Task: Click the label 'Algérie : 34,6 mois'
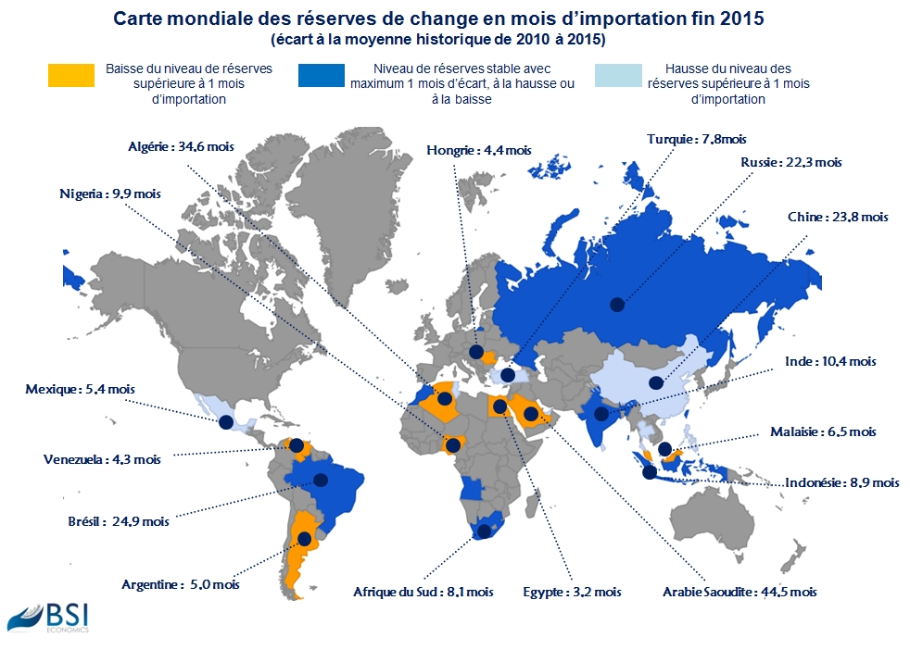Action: tap(181, 146)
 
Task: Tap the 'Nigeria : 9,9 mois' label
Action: tap(110, 194)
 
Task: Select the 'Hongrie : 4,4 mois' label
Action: tap(479, 151)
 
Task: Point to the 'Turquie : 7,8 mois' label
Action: tap(697, 139)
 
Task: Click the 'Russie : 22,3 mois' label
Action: tap(791, 162)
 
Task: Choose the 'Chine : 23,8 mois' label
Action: tap(838, 217)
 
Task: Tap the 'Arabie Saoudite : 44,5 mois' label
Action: tap(740, 592)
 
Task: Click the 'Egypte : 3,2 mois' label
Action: tap(573, 592)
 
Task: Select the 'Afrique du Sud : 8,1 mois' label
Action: tap(423, 592)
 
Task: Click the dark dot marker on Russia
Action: tap(617, 304)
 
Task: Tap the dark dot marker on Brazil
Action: tap(320, 481)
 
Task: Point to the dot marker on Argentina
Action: tap(304, 539)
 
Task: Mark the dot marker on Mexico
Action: tap(226, 422)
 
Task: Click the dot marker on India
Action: tap(601, 414)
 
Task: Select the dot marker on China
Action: tap(656, 382)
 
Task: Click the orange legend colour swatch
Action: tap(71, 75)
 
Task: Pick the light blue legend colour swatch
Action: tap(619, 75)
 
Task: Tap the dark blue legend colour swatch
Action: tap(322, 75)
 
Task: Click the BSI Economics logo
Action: tap(48, 619)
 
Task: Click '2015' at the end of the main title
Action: tap(742, 19)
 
